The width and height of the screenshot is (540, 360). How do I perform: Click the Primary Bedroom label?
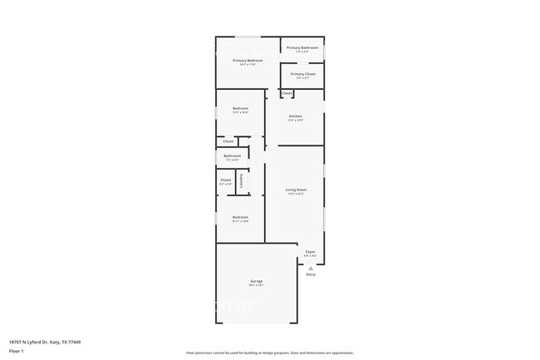point(248,61)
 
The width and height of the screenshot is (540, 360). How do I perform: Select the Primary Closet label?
point(303,74)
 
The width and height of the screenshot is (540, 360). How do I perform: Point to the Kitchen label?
point(295,116)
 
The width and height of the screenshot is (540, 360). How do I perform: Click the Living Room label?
point(296,190)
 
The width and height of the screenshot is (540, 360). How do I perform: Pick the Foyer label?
point(310,251)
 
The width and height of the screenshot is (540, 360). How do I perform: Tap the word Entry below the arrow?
point(311,274)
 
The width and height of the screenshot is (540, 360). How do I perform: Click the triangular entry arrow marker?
point(311,269)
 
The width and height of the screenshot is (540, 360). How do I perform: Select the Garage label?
point(257,282)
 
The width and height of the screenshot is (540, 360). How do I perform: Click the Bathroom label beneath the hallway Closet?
point(232,155)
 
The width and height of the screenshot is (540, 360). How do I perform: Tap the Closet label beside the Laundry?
point(225,180)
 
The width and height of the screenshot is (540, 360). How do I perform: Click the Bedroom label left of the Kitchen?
point(240,108)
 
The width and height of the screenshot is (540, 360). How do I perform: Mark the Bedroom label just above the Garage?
point(240,217)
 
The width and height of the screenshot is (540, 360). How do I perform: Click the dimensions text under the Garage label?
point(257,286)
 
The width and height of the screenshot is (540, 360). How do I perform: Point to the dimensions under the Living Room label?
point(296,195)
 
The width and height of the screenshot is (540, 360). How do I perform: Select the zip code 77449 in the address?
point(75,341)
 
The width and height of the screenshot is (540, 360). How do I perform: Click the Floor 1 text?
point(16,351)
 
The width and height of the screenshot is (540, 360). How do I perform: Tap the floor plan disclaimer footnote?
point(270,353)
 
